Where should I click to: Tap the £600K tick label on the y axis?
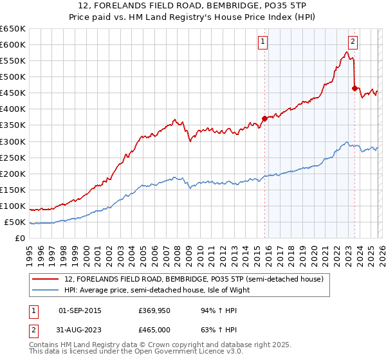pos(13,44)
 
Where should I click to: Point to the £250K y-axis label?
pos(13,157)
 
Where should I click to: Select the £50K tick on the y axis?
pos(15,222)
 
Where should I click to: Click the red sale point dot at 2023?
pos(354,87)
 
